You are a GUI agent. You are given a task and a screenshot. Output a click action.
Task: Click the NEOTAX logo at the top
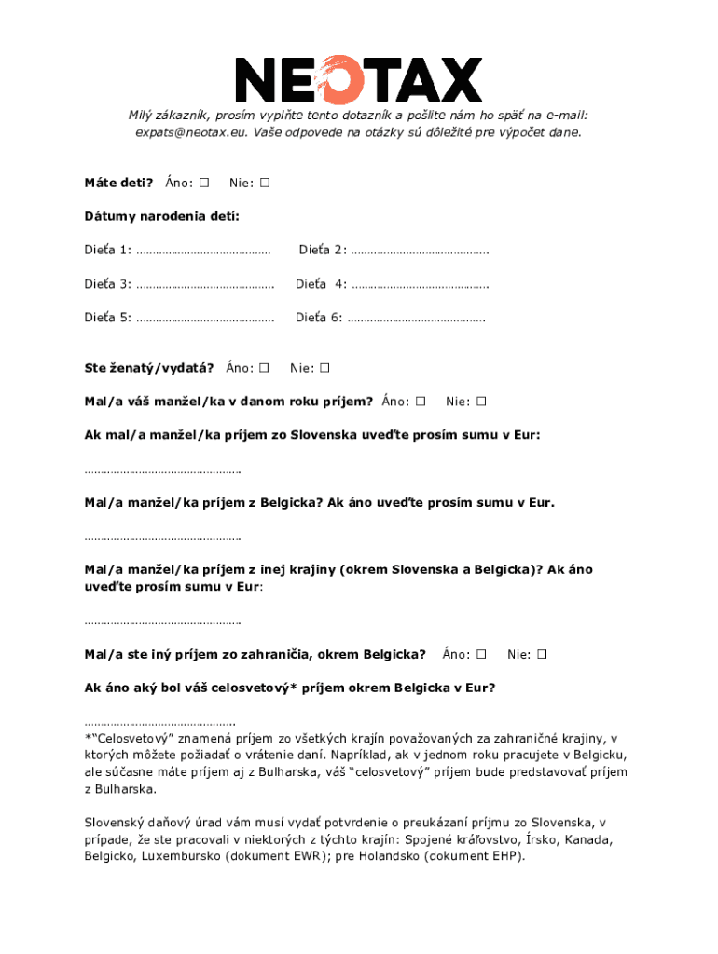pos(358,79)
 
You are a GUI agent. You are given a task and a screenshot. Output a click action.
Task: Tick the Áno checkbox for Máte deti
pos(204,182)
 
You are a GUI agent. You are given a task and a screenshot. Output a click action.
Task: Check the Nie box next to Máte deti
pos(265,182)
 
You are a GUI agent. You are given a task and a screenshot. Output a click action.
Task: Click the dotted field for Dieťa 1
pos(203,252)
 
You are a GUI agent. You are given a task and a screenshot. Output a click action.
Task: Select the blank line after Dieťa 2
pos(421,252)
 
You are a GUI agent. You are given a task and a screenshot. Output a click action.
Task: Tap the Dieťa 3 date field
pos(205,285)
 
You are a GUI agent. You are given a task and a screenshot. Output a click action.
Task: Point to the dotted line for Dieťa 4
pos(421,285)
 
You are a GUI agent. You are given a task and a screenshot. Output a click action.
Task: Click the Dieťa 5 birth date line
pos(205,319)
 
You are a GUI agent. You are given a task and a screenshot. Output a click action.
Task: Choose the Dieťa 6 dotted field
pos(416,319)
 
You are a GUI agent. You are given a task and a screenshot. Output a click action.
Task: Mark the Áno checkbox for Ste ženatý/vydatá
pos(264,368)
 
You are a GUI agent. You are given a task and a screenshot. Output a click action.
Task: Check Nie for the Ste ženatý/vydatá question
pos(324,368)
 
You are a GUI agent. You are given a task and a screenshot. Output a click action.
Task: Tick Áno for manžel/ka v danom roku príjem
pos(420,402)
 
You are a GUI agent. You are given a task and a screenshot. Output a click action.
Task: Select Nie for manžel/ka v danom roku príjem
pos(481,402)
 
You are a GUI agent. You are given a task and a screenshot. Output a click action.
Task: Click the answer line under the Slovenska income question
pos(162,470)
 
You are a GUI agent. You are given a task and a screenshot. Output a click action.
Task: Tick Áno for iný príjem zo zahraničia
pos(481,654)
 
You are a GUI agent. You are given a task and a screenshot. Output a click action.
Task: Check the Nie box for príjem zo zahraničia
pos(542,654)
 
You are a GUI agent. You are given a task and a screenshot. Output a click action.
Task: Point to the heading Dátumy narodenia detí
pos(161,216)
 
